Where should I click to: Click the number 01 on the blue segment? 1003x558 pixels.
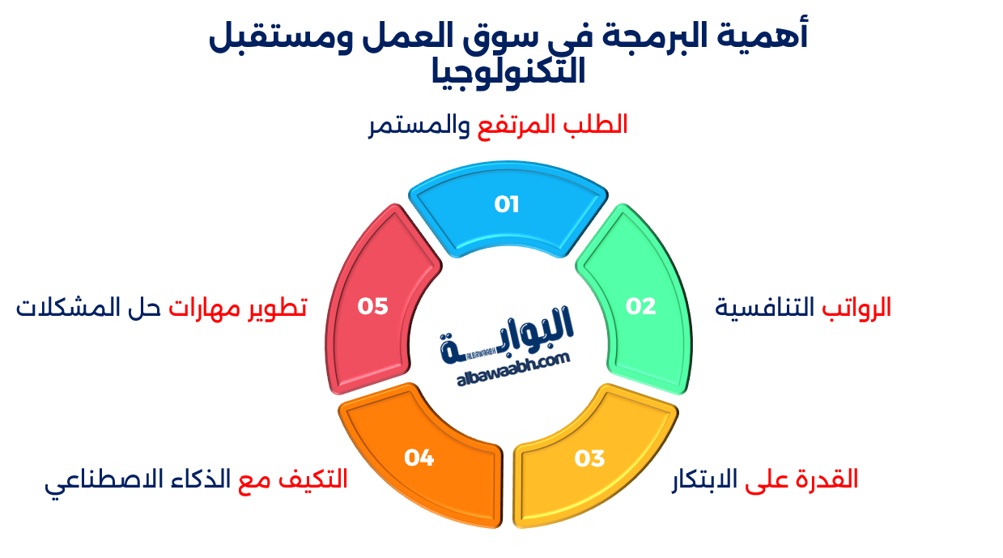507,204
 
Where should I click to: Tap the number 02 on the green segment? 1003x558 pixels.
640,306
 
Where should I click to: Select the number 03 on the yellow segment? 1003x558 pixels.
589,458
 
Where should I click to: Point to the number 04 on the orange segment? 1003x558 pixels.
419,458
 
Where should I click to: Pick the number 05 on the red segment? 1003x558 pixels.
373,306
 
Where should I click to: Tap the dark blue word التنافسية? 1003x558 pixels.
767,307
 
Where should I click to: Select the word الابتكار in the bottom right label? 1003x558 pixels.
705,479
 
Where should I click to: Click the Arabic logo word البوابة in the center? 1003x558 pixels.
508,333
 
